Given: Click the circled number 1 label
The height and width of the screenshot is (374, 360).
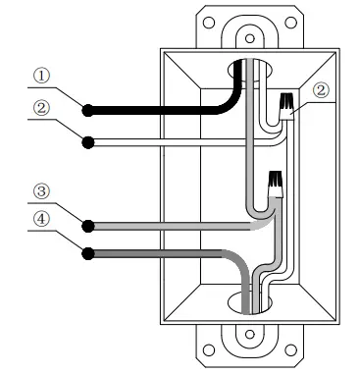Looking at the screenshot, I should click(42, 75).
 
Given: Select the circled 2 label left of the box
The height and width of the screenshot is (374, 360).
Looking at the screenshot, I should click(42, 108).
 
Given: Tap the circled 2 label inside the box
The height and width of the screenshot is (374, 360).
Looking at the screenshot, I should click(322, 91).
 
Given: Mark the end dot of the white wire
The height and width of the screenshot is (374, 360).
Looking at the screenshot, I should click(87, 141).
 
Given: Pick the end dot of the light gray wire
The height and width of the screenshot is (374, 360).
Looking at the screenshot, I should click(87, 225).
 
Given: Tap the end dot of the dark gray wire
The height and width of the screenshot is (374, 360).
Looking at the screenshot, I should click(87, 253).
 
